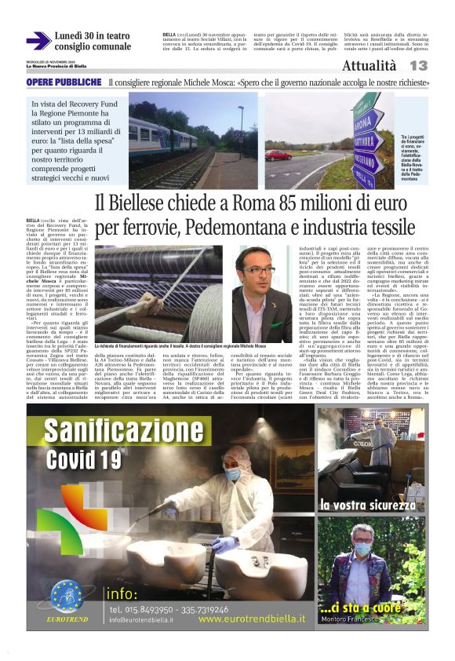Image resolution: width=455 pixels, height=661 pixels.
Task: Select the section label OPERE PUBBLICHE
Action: [64, 82]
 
